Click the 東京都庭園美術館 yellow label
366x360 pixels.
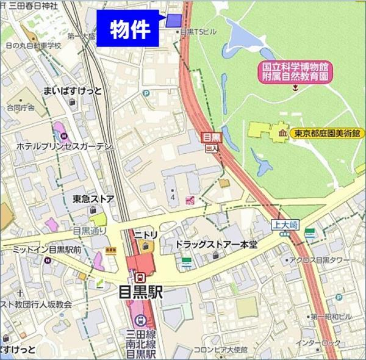pyautogui.click(x=327, y=133)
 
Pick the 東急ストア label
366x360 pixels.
pyautogui.click(x=93, y=199)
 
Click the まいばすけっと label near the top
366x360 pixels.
pyautogui.click(x=72, y=91)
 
